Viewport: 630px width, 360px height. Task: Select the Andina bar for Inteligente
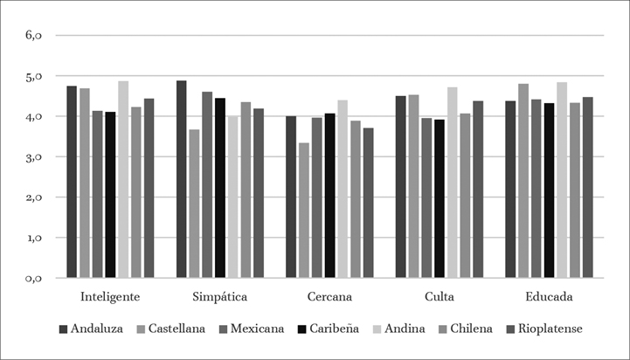tap(123, 179)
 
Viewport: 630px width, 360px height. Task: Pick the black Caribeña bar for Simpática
tap(220, 188)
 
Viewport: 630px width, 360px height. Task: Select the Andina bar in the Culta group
tap(452, 183)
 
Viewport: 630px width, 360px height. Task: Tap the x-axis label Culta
tap(439, 297)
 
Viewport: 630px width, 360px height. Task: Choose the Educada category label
tap(549, 297)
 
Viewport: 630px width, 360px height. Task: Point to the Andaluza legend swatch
tap(63, 329)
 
